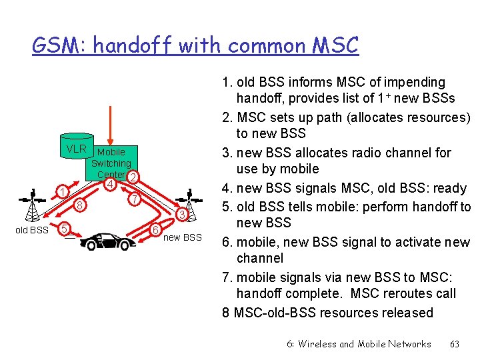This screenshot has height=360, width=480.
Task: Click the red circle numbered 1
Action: (61, 193)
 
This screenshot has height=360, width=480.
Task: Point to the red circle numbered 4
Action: (111, 183)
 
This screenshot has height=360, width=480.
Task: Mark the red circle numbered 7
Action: (134, 199)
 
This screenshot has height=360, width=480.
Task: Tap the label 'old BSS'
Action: (31, 231)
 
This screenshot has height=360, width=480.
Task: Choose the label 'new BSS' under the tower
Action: (182, 237)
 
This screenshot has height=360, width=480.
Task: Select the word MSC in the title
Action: (333, 46)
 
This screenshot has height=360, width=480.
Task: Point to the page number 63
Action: (455, 344)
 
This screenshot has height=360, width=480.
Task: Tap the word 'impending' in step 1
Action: (412, 82)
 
